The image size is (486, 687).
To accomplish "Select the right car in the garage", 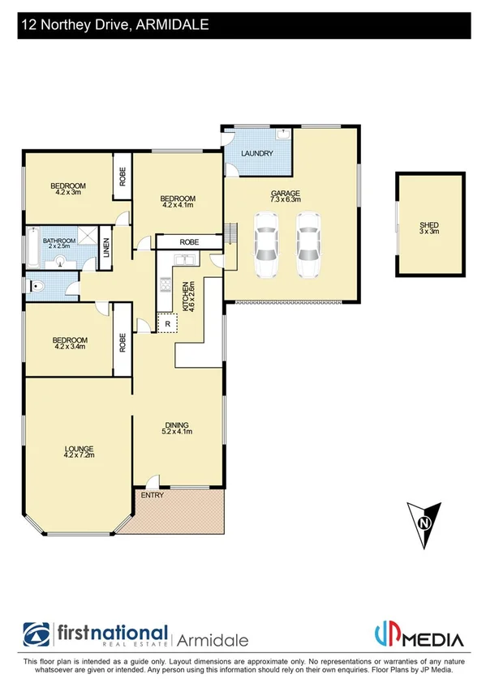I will (307, 245).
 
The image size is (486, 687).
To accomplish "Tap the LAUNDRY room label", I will (257, 153).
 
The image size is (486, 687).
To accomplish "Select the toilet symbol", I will (33, 284).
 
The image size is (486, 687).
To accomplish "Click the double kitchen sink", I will (183, 259).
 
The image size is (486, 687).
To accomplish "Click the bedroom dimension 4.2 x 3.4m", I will (69, 346).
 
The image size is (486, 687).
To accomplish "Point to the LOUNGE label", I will (80, 449).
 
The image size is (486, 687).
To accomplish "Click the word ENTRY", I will (152, 495).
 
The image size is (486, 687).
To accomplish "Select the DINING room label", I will (177, 425).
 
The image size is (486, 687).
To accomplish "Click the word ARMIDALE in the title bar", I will (170, 25).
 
